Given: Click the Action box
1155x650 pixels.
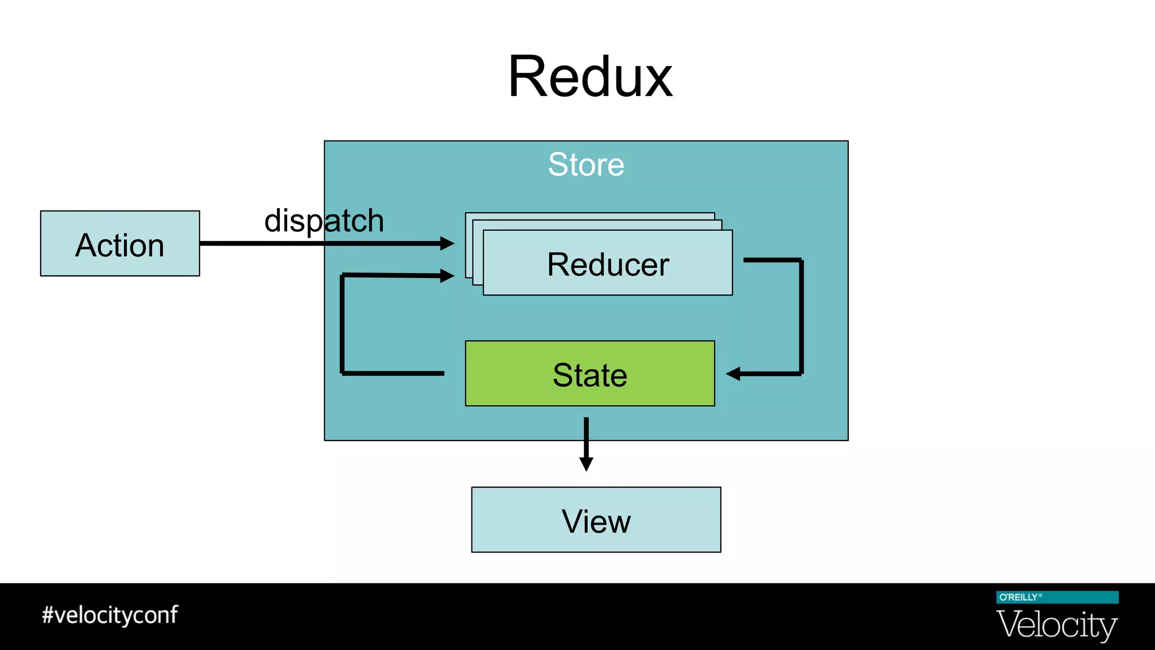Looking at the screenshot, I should tap(120, 243).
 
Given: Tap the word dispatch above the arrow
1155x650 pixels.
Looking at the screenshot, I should tap(324, 221).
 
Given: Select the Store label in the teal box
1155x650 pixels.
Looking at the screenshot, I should tap(586, 164).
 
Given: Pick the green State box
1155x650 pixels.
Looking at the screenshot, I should tap(589, 374).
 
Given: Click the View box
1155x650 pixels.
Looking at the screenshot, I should tap(596, 520).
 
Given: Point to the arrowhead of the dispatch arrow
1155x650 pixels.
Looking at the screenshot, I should tap(448, 243).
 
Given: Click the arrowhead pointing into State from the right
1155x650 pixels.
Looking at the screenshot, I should tap(733, 374).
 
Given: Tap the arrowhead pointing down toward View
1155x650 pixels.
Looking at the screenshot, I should tap(586, 464).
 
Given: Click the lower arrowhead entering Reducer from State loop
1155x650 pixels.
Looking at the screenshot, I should tap(448, 276).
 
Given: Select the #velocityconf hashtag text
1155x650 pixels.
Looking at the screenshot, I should tap(110, 615).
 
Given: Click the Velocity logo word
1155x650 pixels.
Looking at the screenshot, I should tap(1056, 625).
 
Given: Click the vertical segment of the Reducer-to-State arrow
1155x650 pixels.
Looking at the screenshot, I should tap(801, 316).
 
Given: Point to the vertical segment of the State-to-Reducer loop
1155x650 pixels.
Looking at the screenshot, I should tap(342, 324).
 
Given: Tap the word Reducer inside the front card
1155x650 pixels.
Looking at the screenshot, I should tap(607, 264).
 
